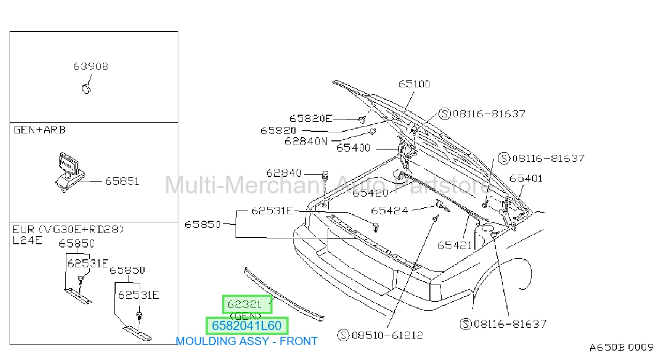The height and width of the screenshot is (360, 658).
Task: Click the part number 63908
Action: click(x=90, y=66)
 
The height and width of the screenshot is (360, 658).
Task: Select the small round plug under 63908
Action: click(x=86, y=89)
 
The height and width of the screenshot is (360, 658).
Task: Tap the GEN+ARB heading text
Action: click(x=40, y=130)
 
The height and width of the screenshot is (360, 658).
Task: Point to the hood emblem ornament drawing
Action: click(x=70, y=172)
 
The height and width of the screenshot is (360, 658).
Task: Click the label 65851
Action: click(x=122, y=181)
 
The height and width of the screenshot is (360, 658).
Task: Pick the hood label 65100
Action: click(x=414, y=84)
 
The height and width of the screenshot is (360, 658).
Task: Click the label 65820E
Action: click(x=311, y=118)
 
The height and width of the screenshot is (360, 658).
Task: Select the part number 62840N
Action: click(x=306, y=141)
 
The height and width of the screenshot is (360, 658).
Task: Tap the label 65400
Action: click(x=353, y=148)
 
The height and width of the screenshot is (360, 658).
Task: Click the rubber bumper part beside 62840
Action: click(x=325, y=175)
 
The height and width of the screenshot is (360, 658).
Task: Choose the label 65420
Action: click(x=370, y=193)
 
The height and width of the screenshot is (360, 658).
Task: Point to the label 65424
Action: click(x=390, y=211)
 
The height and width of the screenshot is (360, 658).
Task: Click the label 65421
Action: click(x=455, y=245)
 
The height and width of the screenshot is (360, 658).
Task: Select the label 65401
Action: click(x=526, y=178)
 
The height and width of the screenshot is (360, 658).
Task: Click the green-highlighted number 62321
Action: click(x=244, y=304)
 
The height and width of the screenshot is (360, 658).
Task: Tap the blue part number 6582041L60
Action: click(x=247, y=326)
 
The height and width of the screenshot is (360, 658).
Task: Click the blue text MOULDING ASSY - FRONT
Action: click(x=247, y=341)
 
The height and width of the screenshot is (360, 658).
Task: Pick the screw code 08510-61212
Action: click(x=387, y=335)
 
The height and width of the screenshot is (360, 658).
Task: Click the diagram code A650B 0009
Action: click(x=622, y=348)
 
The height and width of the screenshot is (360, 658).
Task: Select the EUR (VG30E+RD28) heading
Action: click(x=68, y=229)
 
